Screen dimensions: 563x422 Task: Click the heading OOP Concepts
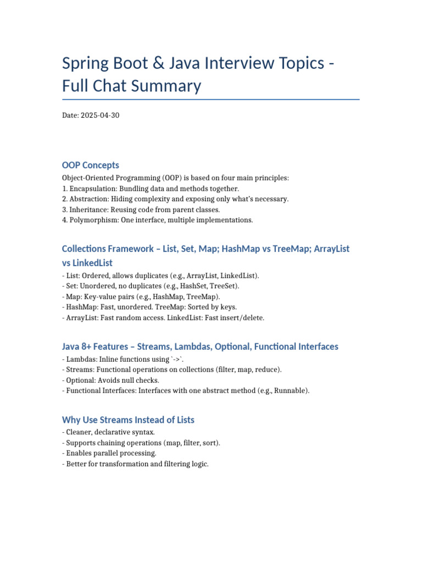coord(91,165)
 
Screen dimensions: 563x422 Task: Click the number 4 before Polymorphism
coord(64,220)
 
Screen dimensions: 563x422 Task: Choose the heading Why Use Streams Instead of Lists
coord(128,420)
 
